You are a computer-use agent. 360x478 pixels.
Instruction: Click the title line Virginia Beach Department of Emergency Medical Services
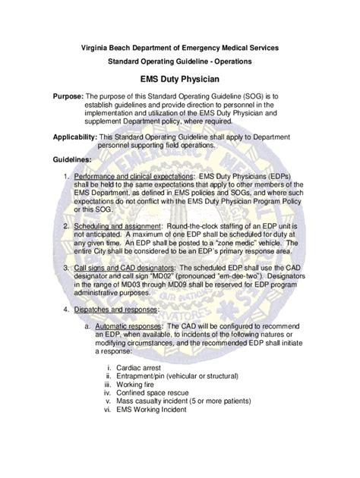pyautogui.click(x=179, y=48)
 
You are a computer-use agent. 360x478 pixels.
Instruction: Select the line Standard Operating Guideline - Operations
pyautogui.click(x=179, y=60)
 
